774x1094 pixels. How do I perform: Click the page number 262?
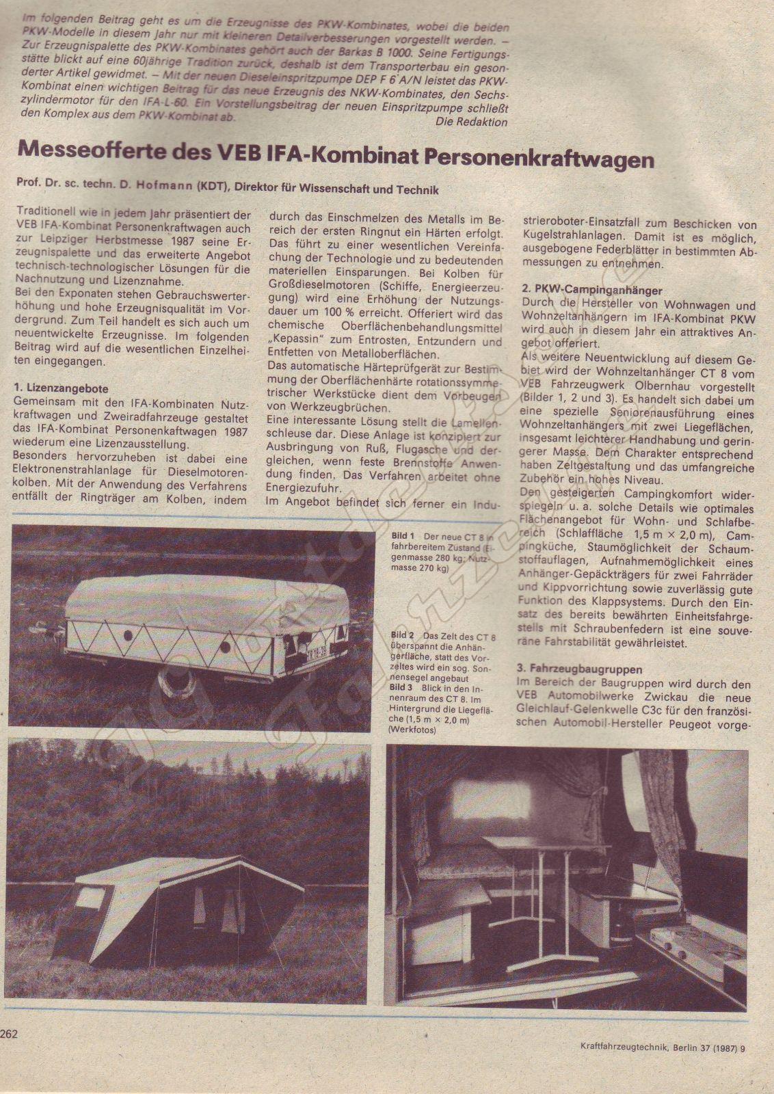10,1035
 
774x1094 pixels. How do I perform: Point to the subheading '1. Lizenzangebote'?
61,388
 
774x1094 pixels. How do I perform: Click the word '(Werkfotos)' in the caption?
412,730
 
